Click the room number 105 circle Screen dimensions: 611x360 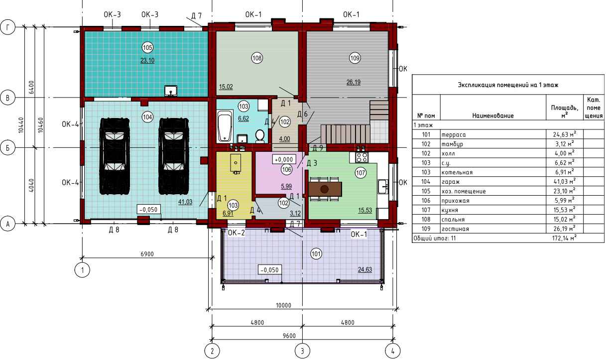[x=147, y=48]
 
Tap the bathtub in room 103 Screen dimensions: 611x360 [x=225, y=126]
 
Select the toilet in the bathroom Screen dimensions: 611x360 [x=259, y=136]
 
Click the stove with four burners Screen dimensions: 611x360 [x=362, y=157]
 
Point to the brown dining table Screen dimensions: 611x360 [x=325, y=189]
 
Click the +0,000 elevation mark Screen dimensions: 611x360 [x=284, y=159]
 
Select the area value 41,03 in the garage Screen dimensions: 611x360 [x=185, y=202]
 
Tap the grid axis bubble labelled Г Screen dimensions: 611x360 [x=7, y=27]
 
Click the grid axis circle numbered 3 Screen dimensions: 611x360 [x=302, y=351]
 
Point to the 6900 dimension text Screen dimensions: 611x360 [x=147, y=254]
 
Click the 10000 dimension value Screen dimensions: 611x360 [x=284, y=305]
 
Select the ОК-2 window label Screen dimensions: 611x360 [x=236, y=233]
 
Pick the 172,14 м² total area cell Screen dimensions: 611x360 [x=564, y=238]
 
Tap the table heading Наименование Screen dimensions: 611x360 [x=493, y=116]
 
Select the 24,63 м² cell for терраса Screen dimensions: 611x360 [x=565, y=134]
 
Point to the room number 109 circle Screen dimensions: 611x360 [x=355, y=58]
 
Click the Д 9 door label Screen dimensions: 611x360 [x=318, y=148]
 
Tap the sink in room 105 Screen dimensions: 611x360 [x=171, y=91]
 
